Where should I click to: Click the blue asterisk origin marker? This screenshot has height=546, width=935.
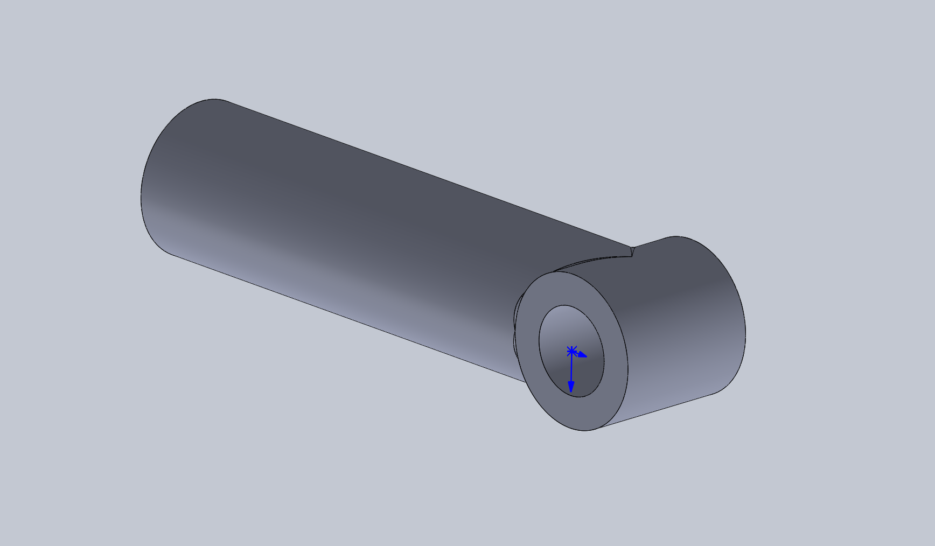[x=571, y=352]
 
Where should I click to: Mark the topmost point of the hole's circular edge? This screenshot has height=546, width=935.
[x=565, y=305]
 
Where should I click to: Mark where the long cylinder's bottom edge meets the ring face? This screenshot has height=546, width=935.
[x=525, y=381]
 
